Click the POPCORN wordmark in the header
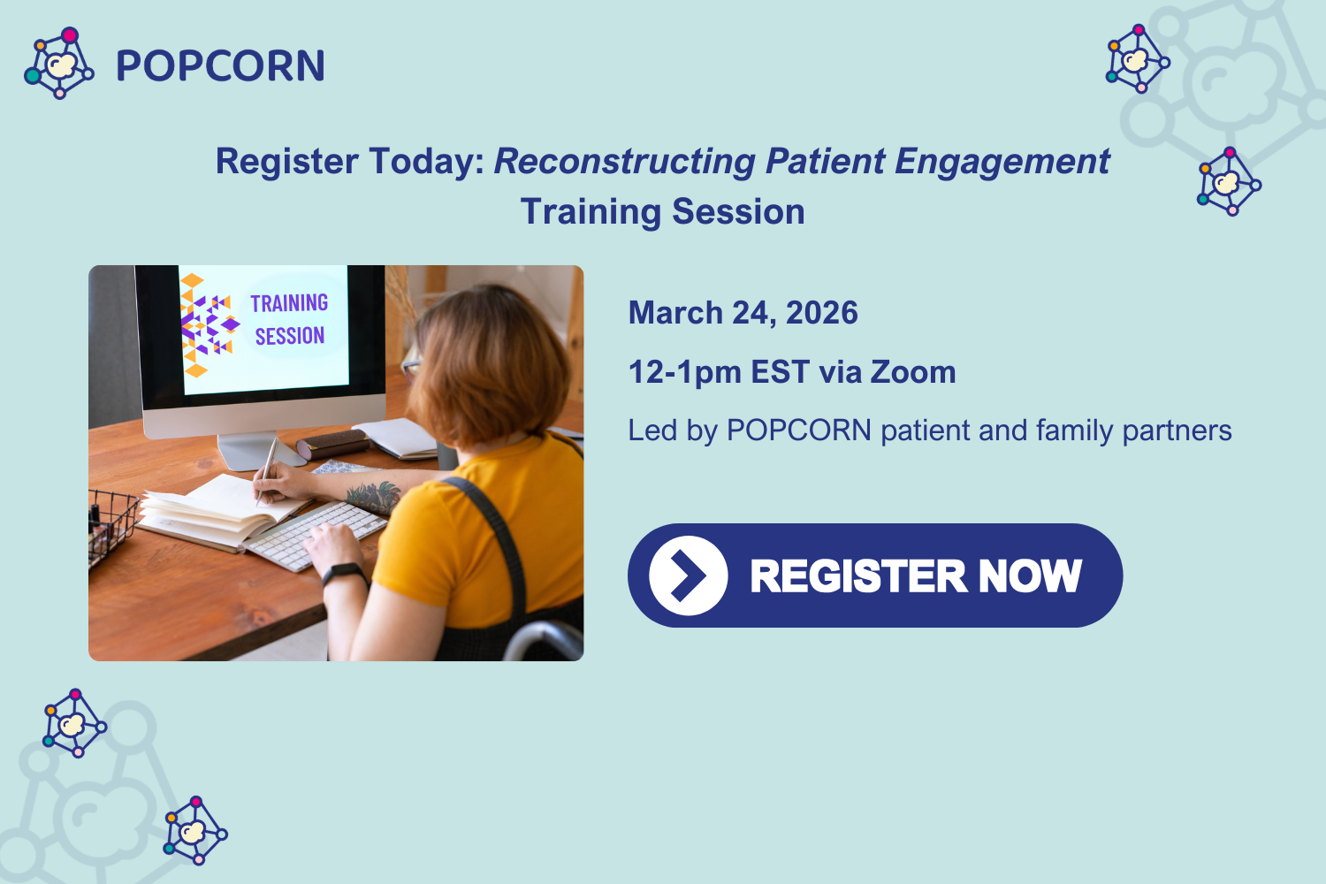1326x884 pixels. point(220,66)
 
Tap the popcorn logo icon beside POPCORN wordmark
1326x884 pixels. point(59,64)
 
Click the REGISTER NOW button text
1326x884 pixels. point(915,576)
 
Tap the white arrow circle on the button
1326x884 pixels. point(688,575)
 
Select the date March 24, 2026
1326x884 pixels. point(743,313)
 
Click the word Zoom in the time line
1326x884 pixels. point(913,372)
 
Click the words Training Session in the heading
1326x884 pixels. point(662,212)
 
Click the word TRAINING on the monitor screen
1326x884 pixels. point(289,303)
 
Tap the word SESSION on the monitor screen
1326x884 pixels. point(289,336)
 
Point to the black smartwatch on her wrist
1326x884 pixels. point(344,575)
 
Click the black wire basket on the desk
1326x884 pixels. point(110,526)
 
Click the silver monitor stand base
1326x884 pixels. point(248,453)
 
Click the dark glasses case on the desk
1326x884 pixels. point(331,444)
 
